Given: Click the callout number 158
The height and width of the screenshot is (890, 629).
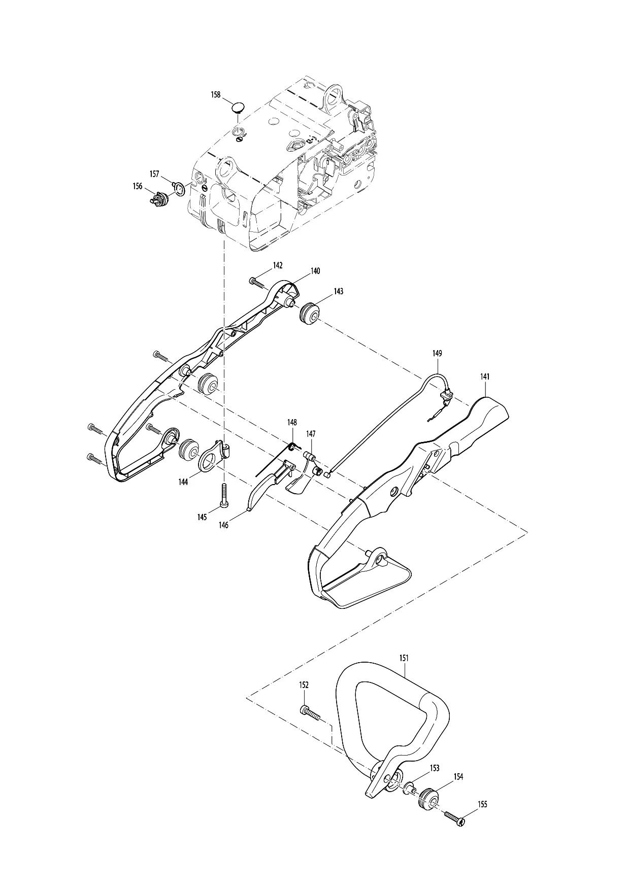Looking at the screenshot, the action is tap(216, 95).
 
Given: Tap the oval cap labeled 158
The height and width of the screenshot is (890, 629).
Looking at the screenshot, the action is tap(238, 107).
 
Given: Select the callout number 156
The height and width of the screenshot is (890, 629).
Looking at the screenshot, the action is tap(138, 186).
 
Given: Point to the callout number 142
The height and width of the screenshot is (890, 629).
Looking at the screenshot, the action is tap(278, 265).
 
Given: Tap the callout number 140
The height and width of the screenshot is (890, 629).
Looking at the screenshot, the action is tap(315, 271).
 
